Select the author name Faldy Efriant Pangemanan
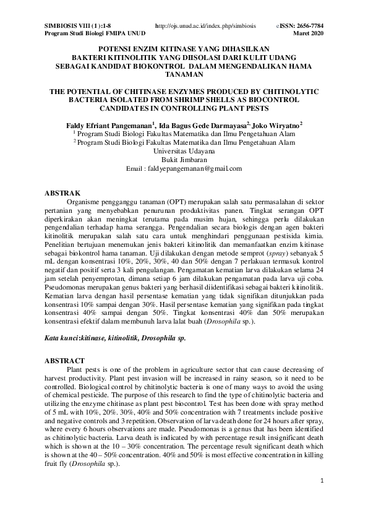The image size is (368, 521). (x=109, y=124)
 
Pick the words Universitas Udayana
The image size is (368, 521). (x=184, y=150)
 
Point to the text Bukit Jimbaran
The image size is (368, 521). (x=184, y=159)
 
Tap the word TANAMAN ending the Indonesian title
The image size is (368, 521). (x=184, y=74)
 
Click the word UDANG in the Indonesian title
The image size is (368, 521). (x=288, y=56)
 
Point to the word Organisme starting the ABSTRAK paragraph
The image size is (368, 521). (x=91, y=202)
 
